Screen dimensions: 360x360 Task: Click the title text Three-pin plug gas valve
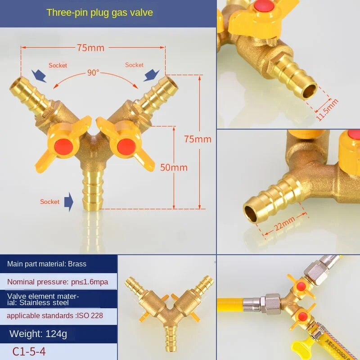tap(99, 13)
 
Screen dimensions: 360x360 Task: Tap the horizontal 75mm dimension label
tap(90, 48)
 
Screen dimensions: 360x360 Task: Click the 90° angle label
tap(93, 72)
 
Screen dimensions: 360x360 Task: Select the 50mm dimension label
tap(174, 167)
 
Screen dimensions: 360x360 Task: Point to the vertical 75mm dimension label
tap(198, 139)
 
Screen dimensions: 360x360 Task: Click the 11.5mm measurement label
tap(327, 109)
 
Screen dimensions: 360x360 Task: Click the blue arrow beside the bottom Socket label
tap(69, 201)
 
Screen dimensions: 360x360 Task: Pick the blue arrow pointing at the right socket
tap(151, 75)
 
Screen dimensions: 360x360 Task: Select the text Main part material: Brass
tap(47, 264)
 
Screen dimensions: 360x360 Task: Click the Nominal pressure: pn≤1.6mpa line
tap(58, 283)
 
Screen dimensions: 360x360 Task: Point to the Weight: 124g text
tap(38, 334)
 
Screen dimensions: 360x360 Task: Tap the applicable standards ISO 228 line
tap(54, 315)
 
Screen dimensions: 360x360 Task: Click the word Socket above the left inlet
tap(58, 66)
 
